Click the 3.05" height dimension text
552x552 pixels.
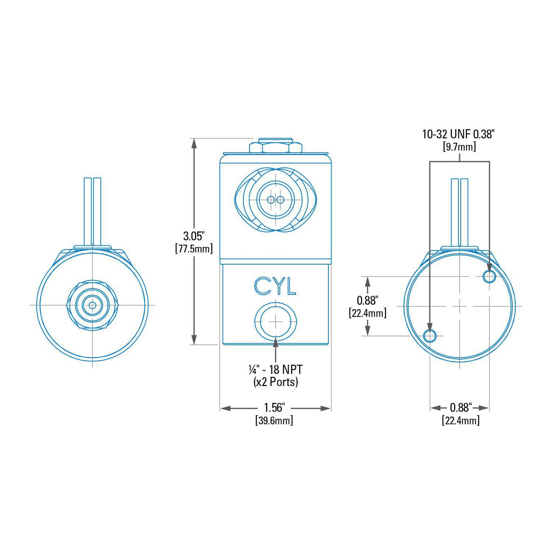[194, 236]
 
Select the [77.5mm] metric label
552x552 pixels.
[194, 248]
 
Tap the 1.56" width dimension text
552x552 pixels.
[275, 407]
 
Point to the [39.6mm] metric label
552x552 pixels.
[274, 420]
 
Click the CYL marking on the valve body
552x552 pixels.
[275, 286]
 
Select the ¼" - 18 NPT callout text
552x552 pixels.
[276, 369]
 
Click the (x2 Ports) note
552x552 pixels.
[276, 381]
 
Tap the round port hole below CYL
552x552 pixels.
[276, 321]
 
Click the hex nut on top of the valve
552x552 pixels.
[276, 147]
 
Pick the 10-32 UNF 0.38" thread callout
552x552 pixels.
[458, 134]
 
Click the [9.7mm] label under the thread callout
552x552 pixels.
[459, 146]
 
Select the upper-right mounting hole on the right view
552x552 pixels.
[489, 276]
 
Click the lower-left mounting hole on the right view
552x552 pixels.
[430, 336]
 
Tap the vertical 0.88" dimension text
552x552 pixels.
[367, 300]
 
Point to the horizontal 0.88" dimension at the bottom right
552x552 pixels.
[461, 407]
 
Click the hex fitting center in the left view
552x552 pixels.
[92, 305]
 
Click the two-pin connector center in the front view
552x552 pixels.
[276, 200]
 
